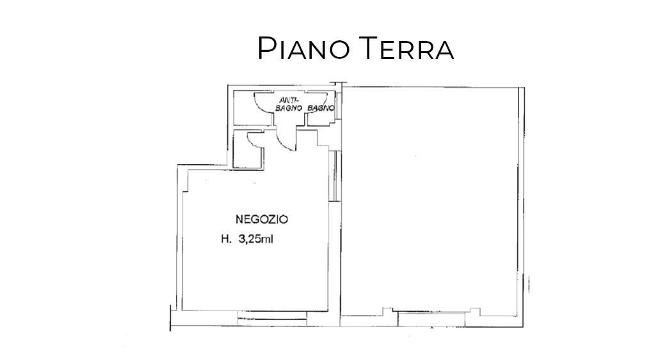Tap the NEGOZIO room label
click(x=262, y=219)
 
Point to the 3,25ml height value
click(x=255, y=239)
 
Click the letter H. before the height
click(x=226, y=239)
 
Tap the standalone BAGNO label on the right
click(x=320, y=109)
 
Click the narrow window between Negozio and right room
click(x=336, y=175)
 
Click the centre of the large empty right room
click(x=432, y=202)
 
